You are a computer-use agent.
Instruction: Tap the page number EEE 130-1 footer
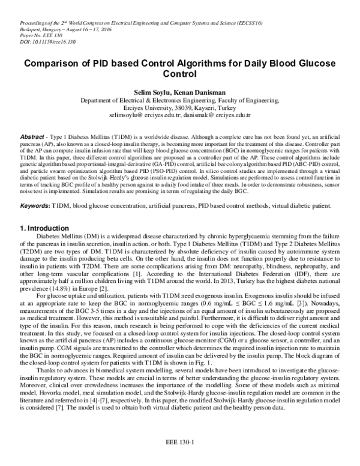click(x=180, y=443)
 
